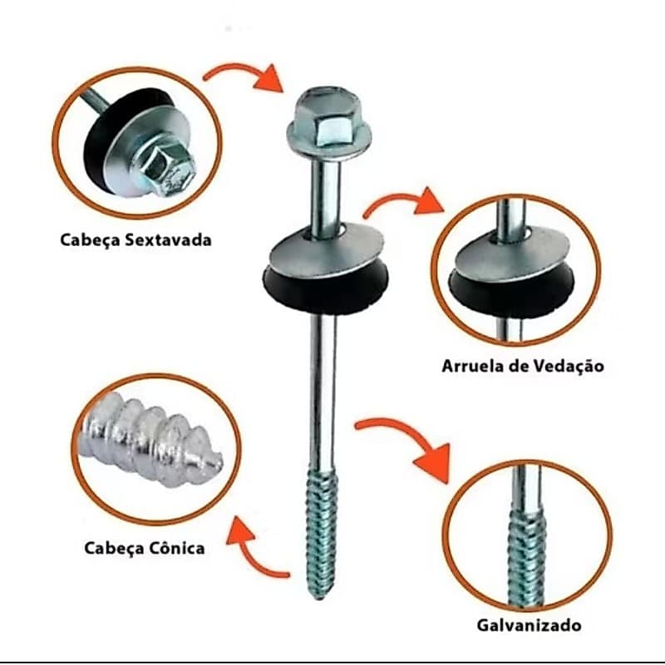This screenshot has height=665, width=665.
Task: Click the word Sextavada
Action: [x=168, y=239]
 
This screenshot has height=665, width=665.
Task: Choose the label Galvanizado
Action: [x=529, y=626]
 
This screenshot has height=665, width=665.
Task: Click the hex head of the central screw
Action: [x=329, y=122]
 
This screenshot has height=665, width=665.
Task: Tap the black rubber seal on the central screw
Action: [x=325, y=292]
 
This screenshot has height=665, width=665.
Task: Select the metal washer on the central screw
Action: [x=327, y=251]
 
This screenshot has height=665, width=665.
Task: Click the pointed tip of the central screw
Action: [x=319, y=598]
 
